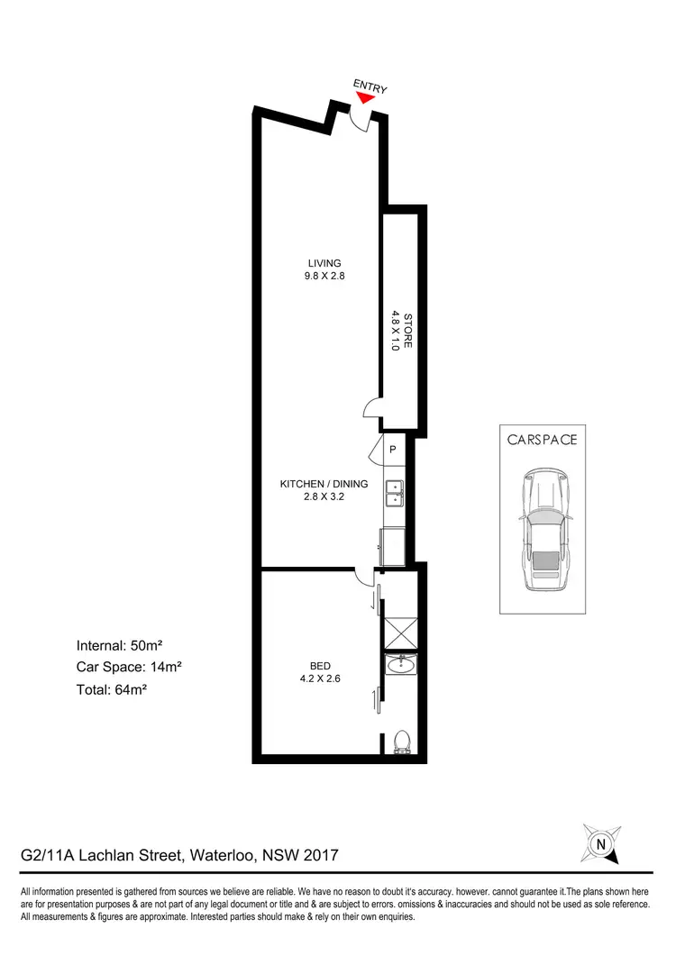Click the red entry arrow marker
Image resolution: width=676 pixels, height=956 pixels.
coord(362,96)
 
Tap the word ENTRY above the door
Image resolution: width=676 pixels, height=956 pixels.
coord(370,86)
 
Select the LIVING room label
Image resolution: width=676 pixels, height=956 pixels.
coord(324,263)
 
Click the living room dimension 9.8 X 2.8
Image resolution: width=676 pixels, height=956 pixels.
coord(324,277)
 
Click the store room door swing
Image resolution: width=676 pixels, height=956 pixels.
coord(371,411)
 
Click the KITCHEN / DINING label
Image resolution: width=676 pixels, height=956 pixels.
coord(324,484)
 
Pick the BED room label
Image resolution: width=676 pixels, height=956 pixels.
coord(324,668)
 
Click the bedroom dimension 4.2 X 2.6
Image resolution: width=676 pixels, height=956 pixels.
coord(324,681)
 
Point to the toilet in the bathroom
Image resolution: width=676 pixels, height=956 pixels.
coord(401,740)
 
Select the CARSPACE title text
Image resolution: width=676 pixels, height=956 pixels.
coord(541,441)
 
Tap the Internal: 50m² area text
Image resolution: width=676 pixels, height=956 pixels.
coord(119,645)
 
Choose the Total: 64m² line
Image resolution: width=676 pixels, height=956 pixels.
coord(112,690)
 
